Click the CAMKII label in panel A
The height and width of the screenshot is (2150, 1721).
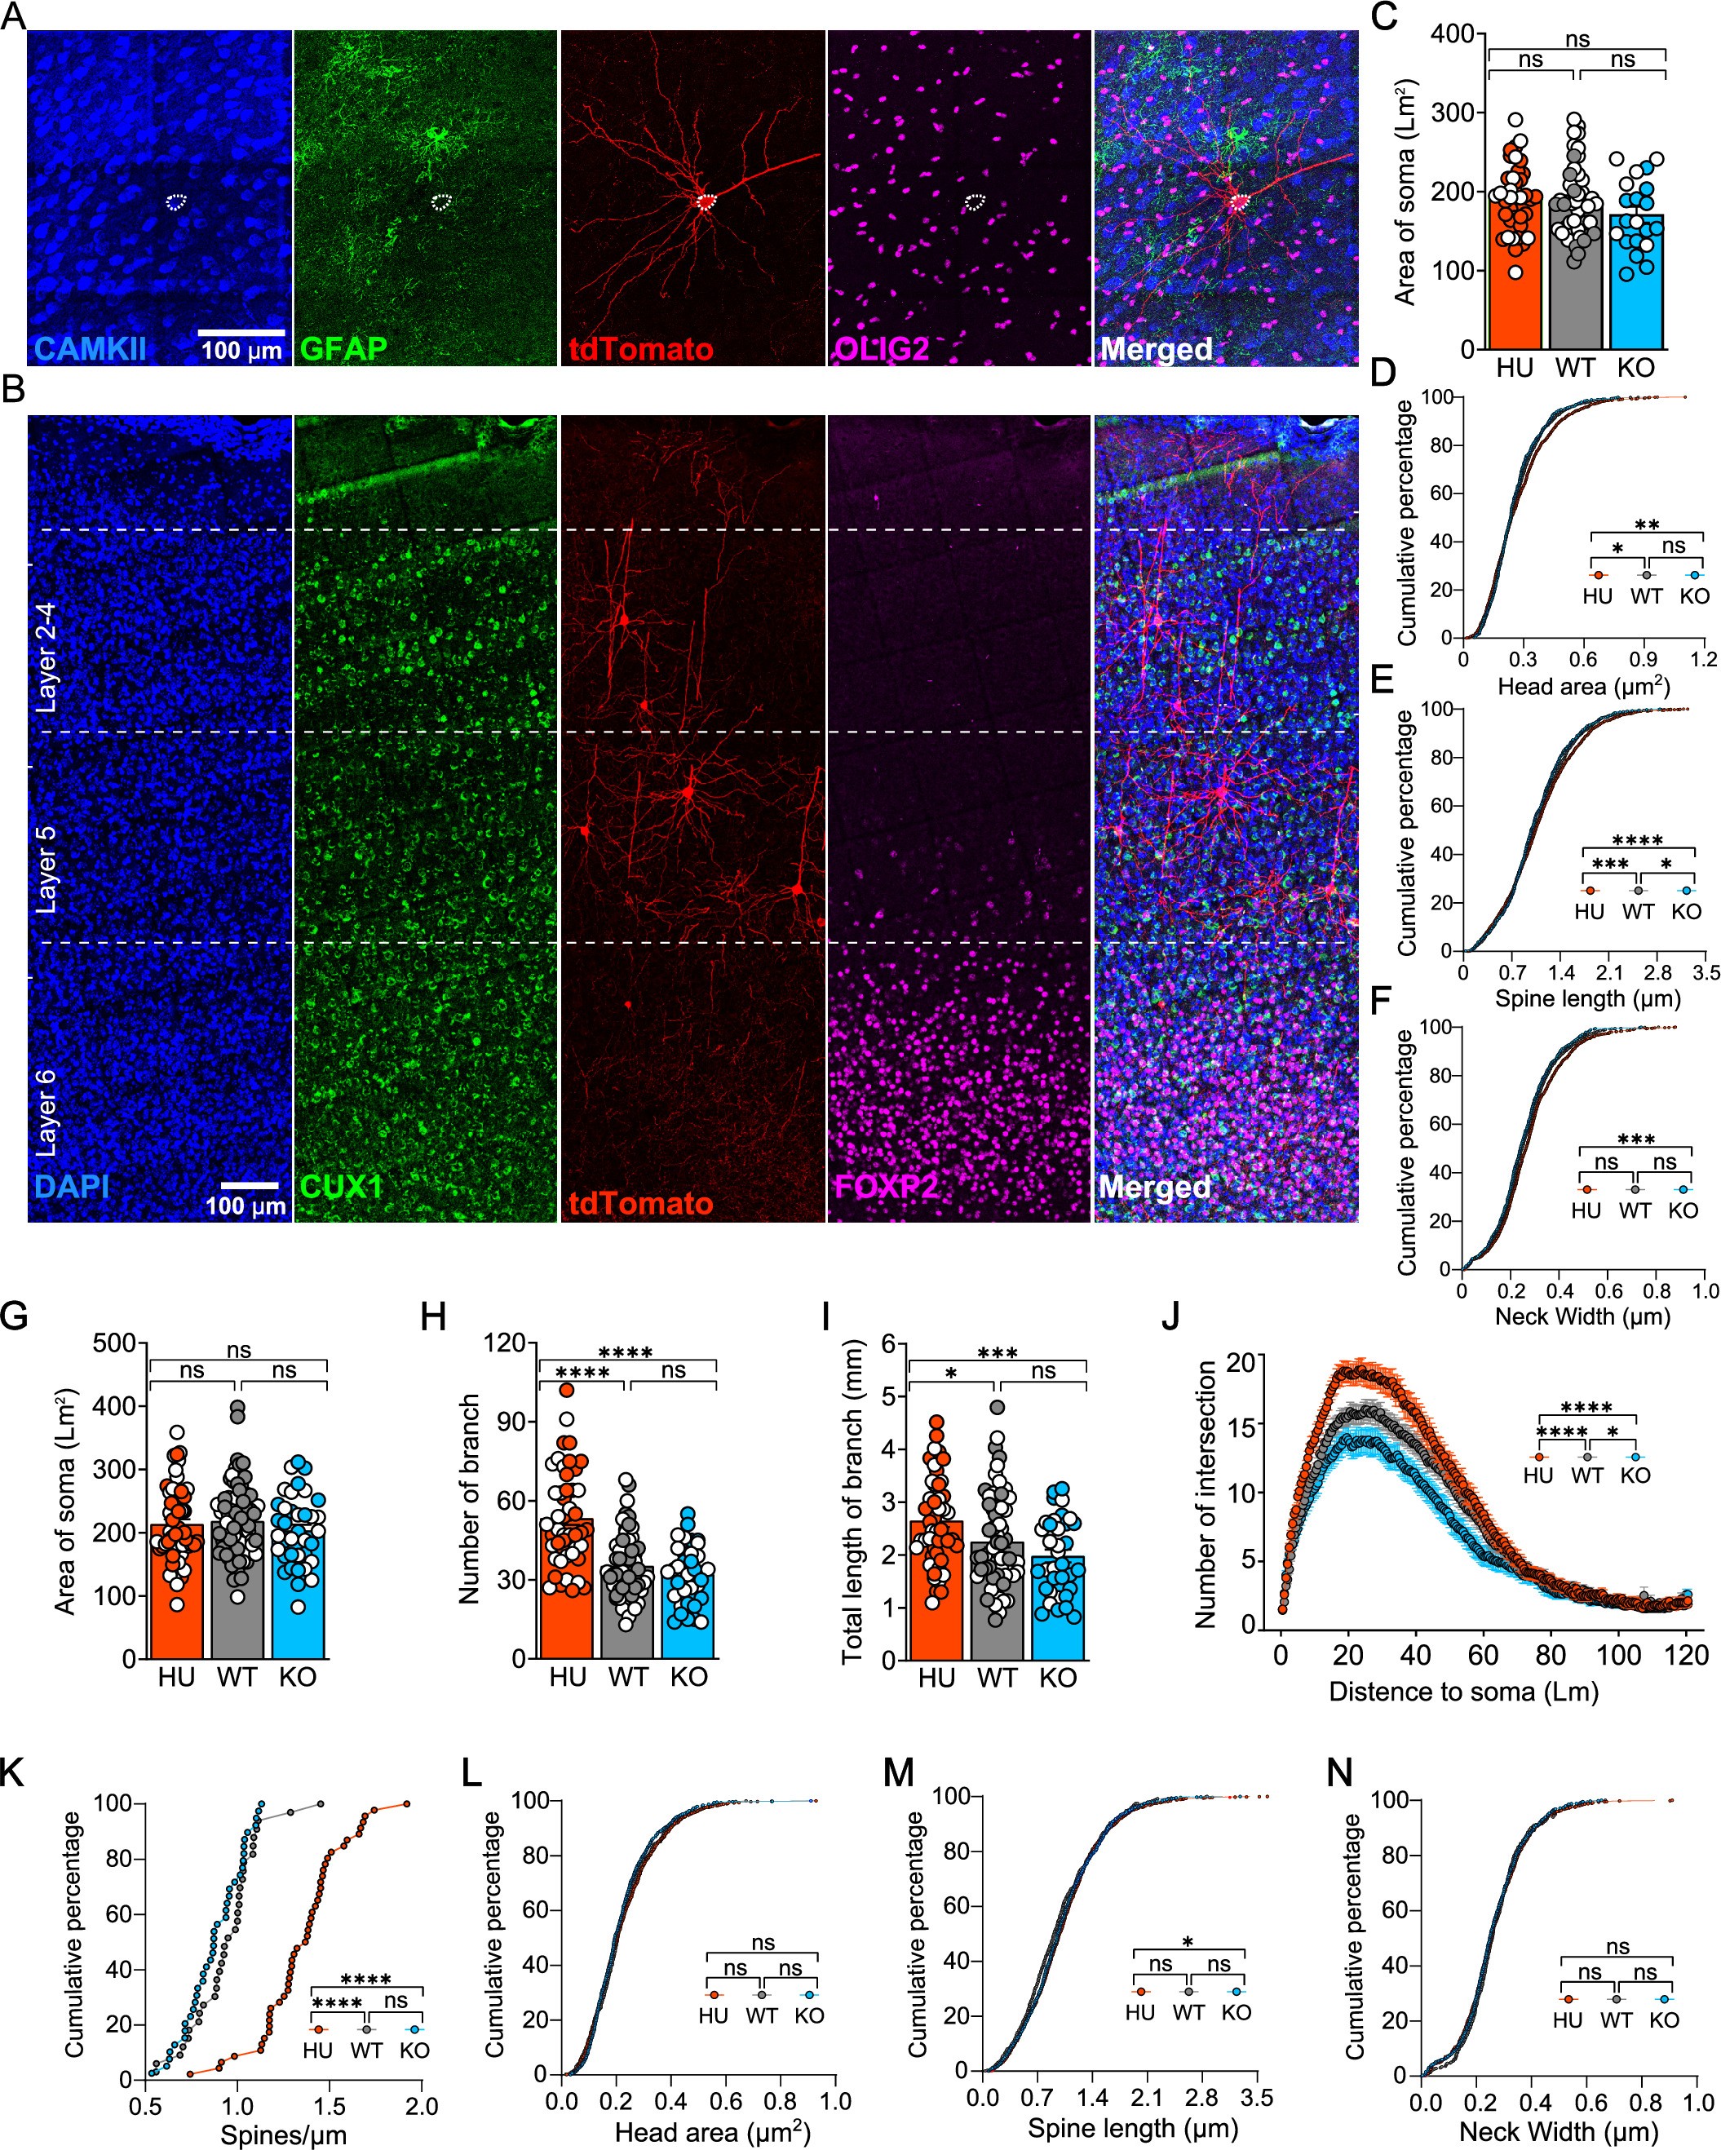click(x=90, y=348)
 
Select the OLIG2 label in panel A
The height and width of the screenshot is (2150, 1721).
click(x=882, y=348)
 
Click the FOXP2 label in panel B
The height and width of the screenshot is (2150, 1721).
click(x=886, y=1187)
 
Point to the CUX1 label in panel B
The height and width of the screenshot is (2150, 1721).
click(x=342, y=1187)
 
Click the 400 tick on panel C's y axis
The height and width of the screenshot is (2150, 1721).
click(x=1452, y=34)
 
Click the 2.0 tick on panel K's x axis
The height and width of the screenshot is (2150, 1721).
click(x=421, y=2105)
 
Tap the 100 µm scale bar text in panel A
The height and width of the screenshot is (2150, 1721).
click(x=241, y=351)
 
